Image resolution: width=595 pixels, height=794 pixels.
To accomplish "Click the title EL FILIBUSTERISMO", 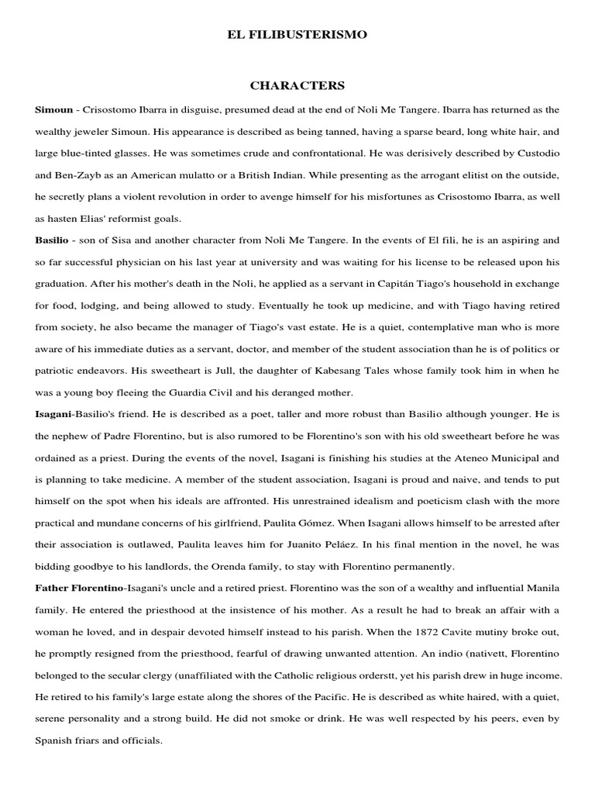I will click(x=297, y=35).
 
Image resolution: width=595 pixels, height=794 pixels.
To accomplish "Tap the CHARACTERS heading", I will click(x=297, y=86).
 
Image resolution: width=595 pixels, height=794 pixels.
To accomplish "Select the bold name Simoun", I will click(x=53, y=110).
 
